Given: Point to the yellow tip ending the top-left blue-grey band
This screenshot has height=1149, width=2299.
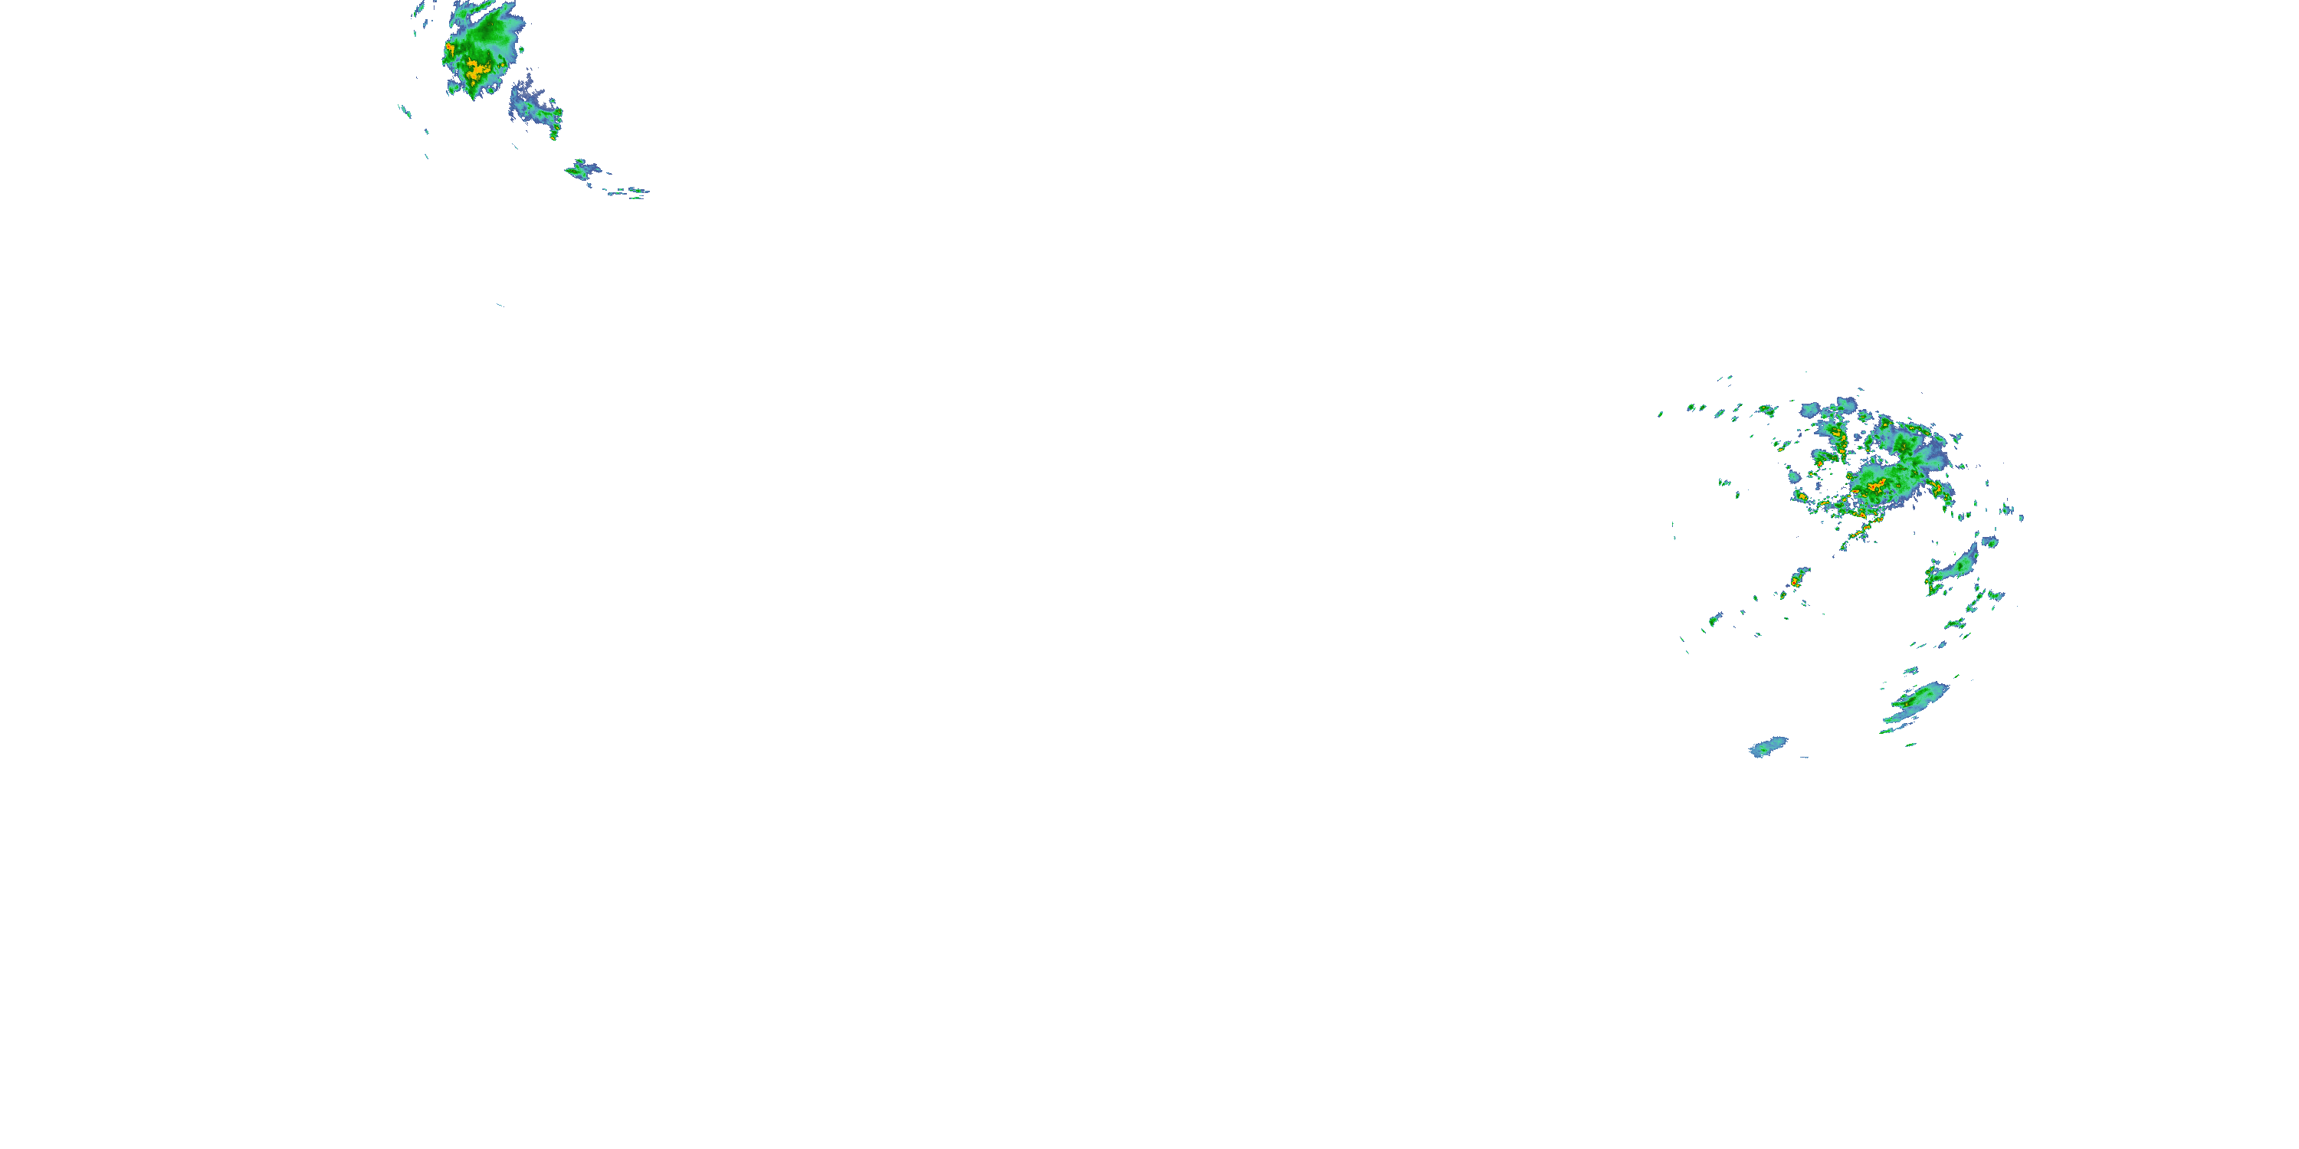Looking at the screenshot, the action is [x=554, y=135].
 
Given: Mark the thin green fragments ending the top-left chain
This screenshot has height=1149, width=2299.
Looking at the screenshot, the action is [x=630, y=191].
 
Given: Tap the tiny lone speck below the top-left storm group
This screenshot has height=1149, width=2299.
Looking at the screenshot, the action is [x=500, y=305].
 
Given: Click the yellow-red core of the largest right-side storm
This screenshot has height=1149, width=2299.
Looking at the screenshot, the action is [x=1877, y=486].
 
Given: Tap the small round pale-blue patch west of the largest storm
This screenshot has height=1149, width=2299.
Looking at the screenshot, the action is [x=1811, y=411].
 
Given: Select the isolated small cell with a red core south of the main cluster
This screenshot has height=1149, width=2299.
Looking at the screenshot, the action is [x=1796, y=581].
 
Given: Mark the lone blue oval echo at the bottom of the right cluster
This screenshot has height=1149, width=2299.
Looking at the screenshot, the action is [x=1768, y=746].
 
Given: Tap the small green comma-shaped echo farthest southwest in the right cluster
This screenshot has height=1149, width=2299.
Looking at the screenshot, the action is [x=1714, y=619].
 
